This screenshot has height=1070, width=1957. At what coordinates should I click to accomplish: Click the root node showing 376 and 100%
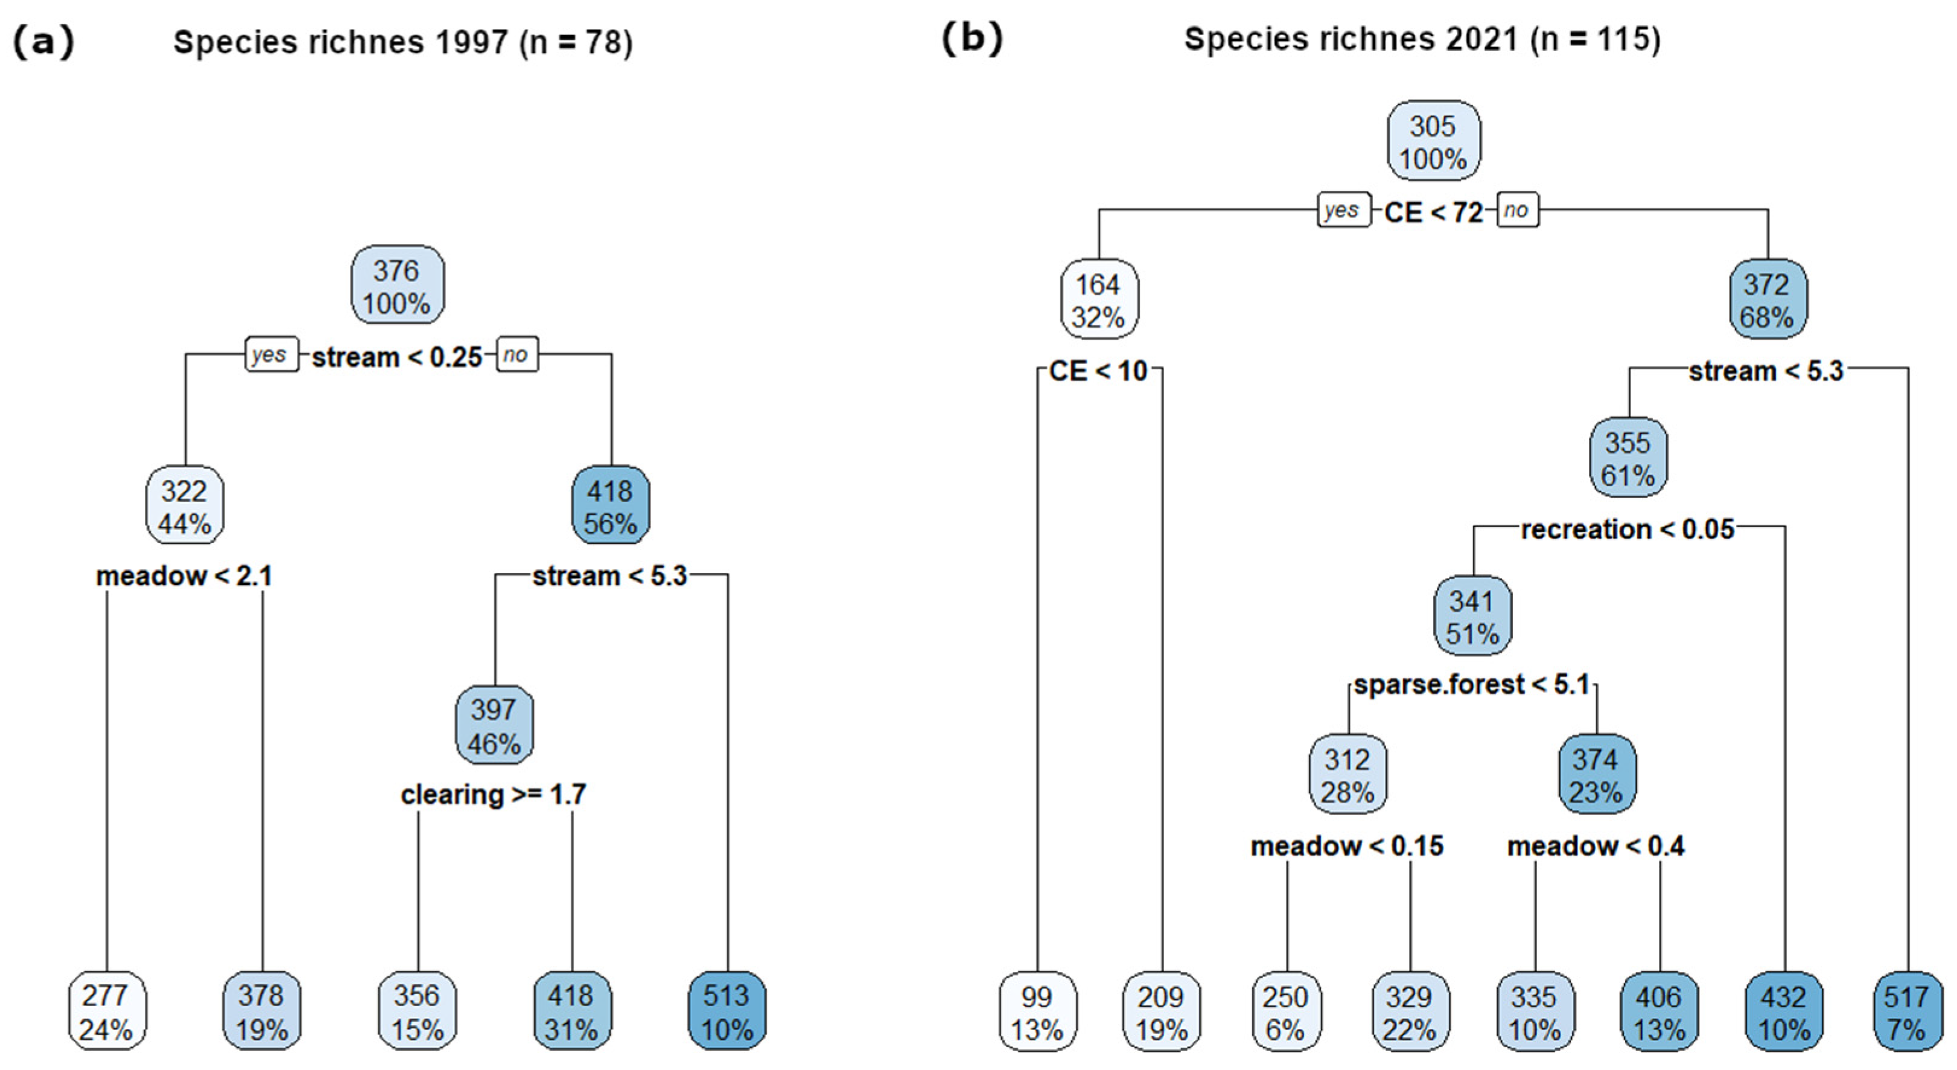coord(397,286)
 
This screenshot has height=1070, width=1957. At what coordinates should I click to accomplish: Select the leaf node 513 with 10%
coord(727,1011)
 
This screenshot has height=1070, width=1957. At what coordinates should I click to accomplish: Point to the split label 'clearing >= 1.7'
coord(494,795)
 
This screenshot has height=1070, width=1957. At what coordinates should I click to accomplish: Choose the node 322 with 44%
coord(185,506)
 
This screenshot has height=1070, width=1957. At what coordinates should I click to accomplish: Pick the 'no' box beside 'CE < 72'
coord(1517,211)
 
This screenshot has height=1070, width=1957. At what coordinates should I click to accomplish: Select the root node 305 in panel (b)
coord(1434,142)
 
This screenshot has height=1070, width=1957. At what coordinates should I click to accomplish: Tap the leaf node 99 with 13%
coord(1037,1012)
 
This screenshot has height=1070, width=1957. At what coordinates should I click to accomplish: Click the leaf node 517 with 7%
coord(1907,1012)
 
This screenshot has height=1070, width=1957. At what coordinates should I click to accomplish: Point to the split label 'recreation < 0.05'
coord(1628,530)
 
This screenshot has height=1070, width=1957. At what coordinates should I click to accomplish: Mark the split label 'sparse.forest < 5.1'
coord(1472,685)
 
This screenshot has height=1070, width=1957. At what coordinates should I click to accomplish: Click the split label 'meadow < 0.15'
coord(1347,847)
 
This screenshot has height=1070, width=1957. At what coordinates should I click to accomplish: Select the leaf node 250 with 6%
coord(1285,1012)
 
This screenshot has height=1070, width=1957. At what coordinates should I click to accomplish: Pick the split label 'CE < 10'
coord(1098,371)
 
